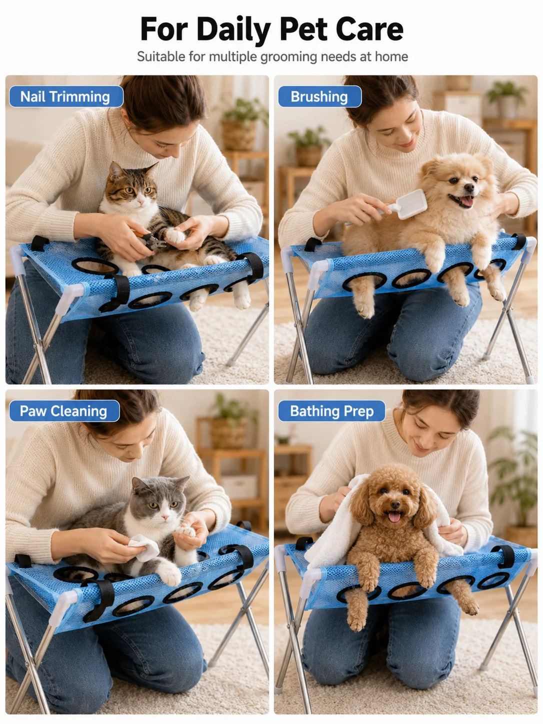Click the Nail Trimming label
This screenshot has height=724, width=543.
pos(66,96)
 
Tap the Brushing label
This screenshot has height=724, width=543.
pos(319,96)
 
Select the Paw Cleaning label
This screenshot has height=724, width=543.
pos(64,411)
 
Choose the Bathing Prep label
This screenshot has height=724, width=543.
pos(331,411)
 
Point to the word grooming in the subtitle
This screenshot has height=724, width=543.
pos(289,57)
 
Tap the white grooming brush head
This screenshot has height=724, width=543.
pos(411,204)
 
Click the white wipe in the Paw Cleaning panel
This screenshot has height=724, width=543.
pos(144,548)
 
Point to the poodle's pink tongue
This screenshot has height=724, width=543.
pos(394,516)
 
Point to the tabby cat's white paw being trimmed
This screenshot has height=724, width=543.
pos(175,236)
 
